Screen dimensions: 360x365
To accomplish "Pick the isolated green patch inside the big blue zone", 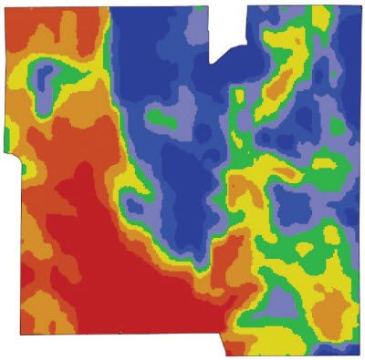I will pos(158,118).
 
